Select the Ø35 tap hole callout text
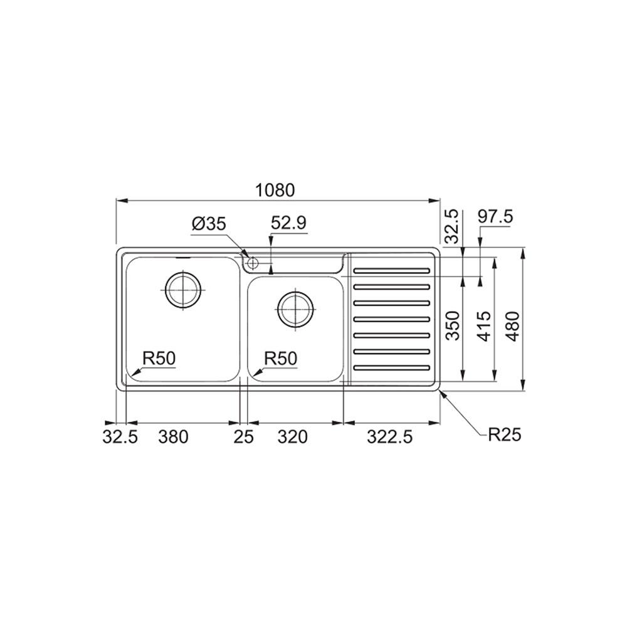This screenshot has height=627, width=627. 209,224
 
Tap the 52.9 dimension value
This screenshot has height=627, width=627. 289,223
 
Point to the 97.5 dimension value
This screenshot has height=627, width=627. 495,217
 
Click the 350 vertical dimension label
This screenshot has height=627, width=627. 454,325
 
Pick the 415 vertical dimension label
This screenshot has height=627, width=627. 487,325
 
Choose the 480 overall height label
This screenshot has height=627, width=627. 515,325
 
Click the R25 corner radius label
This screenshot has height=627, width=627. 505,435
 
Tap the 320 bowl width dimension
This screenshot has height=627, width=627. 293,438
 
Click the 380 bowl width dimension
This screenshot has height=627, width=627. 172,438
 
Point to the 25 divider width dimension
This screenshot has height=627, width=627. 244,438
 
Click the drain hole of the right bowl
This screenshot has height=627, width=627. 295,308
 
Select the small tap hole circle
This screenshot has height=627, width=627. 252,262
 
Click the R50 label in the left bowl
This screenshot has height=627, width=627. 159,359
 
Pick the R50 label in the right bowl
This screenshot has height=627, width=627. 280,359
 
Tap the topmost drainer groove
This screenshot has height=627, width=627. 392,271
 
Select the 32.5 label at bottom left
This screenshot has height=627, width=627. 120,438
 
